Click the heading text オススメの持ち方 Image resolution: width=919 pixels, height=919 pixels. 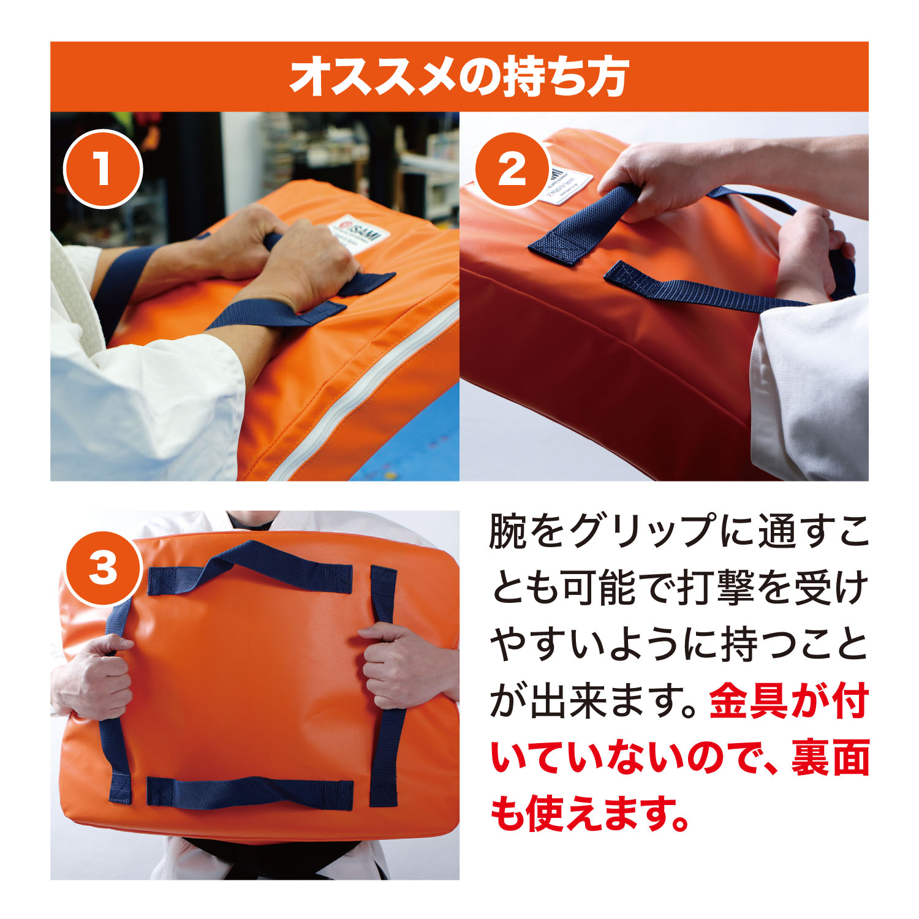point(459,77)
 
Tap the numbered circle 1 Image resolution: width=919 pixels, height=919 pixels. point(103,168)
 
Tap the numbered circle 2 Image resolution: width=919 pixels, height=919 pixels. point(512,168)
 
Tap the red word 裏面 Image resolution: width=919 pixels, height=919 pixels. point(830,758)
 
